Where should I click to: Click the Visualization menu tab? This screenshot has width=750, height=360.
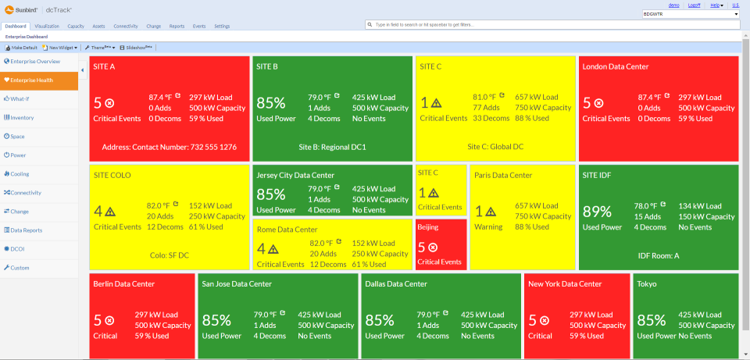coord(47,26)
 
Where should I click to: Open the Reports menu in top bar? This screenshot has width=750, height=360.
coord(177,26)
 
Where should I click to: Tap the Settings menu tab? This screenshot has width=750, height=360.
coord(222,26)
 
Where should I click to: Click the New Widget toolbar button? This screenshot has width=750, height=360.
coord(62,48)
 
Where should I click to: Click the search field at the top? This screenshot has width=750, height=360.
coord(547,25)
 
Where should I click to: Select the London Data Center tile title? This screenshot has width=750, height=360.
coord(616,67)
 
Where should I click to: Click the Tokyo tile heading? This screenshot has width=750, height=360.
coord(648,284)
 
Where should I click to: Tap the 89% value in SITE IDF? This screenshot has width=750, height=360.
coord(597,212)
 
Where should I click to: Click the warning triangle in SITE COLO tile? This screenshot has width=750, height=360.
coord(110,211)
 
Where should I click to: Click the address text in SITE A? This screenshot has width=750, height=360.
coord(170,147)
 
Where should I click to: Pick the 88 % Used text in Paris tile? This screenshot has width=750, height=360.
coord(532,226)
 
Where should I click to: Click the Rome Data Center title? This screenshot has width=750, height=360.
coord(287,230)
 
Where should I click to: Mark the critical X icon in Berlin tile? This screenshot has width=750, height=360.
coord(109,320)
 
